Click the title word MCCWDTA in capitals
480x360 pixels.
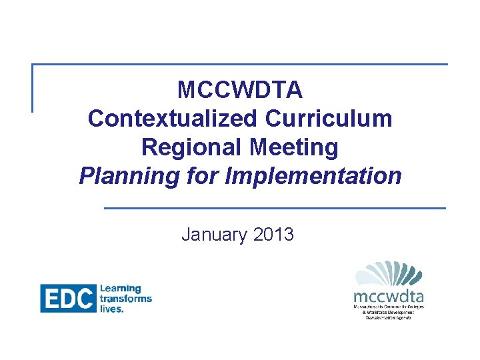click(x=240, y=89)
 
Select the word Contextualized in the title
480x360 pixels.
click(x=172, y=119)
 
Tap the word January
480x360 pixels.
click(x=214, y=235)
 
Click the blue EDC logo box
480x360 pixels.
click(x=67, y=298)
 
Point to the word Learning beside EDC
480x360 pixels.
click(x=120, y=289)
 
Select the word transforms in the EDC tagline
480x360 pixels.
click(x=125, y=299)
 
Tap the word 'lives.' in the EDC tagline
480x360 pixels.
click(x=111, y=309)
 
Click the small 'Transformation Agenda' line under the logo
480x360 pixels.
click(x=389, y=317)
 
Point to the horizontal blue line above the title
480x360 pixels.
click(x=240, y=65)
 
